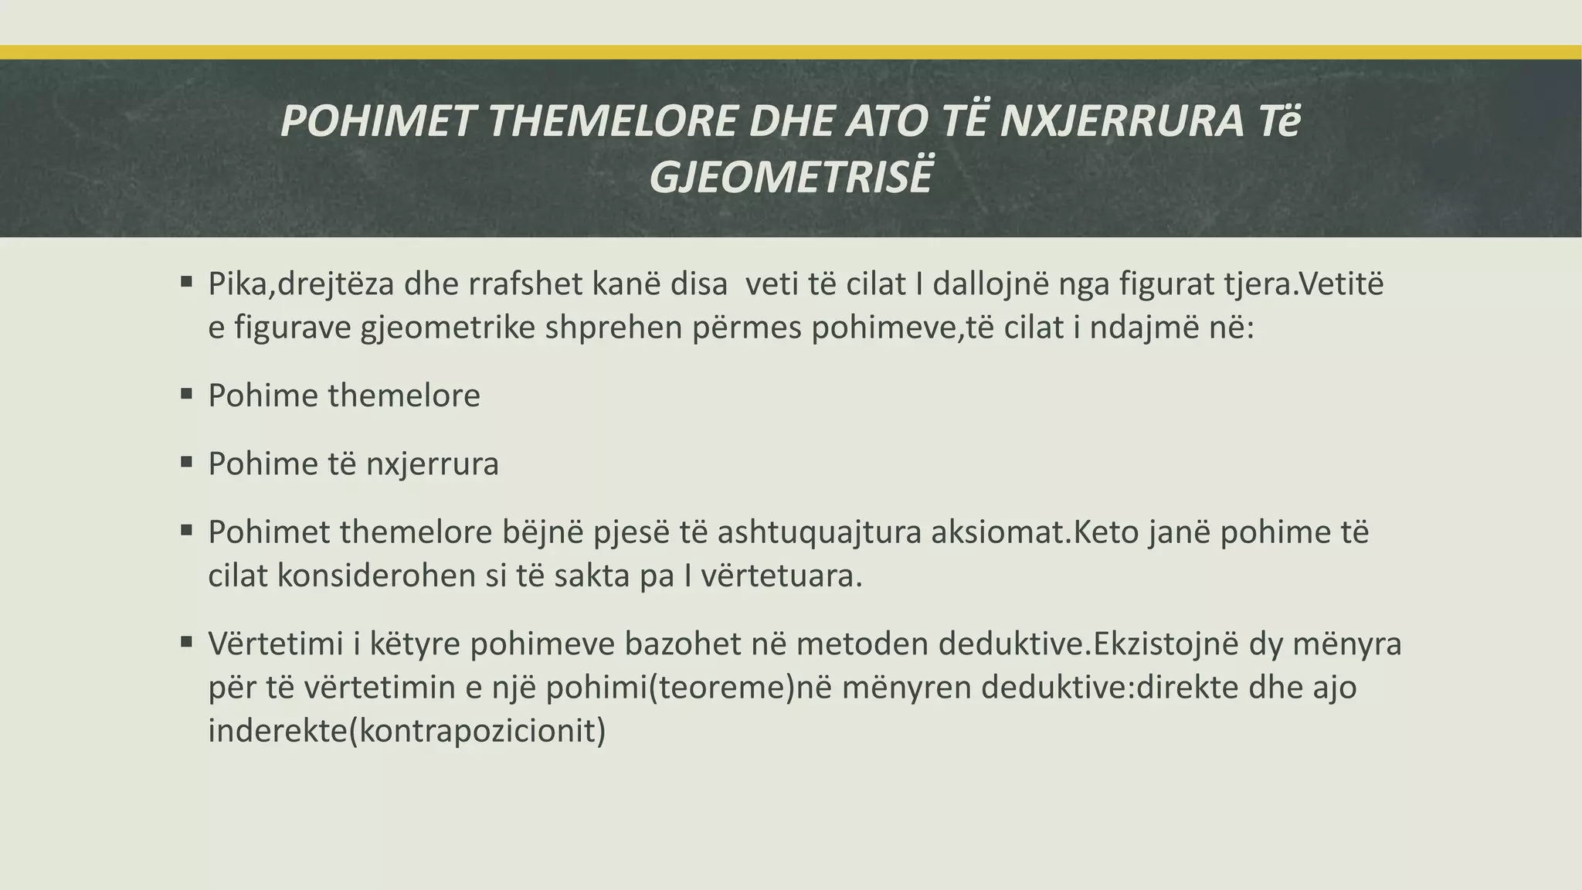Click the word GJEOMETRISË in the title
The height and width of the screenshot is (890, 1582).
[791, 177]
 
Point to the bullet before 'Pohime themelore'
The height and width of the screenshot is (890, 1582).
[186, 394]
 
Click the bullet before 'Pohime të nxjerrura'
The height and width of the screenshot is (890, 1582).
[186, 462]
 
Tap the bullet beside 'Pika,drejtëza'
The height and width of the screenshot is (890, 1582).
[186, 283]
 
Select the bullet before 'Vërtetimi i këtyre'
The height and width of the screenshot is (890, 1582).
[186, 641]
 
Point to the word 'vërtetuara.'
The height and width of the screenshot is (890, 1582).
[781, 576]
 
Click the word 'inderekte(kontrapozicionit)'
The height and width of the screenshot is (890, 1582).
[407, 731]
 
